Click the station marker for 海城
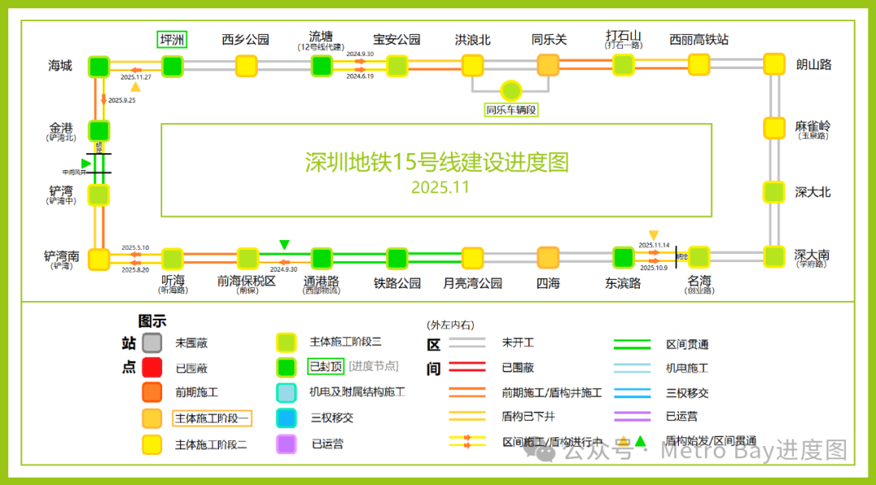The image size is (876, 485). click(x=99, y=66)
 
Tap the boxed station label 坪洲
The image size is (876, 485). click(x=172, y=39)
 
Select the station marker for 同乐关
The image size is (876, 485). click(x=549, y=65)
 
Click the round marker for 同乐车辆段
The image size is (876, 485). click(x=511, y=91)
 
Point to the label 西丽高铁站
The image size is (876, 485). click(x=698, y=39)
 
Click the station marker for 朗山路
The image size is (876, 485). click(x=775, y=64)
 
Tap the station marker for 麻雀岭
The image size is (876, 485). click(x=775, y=127)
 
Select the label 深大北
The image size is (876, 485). click(x=813, y=192)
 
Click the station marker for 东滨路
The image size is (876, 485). click(x=623, y=258)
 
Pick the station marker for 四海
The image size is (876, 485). click(x=548, y=258)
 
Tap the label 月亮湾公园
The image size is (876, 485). click(x=473, y=283)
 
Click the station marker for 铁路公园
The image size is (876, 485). click(x=397, y=258)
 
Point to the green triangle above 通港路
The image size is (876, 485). click(x=284, y=245)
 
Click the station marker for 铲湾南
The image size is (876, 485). click(x=99, y=259)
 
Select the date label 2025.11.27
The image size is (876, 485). click(x=136, y=76)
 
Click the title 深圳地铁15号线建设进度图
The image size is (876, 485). click(x=437, y=162)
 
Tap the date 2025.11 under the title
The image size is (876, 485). click(x=440, y=187)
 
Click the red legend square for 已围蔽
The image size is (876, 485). click(x=152, y=367)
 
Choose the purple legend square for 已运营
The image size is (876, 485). click(x=286, y=444)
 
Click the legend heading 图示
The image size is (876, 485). click(x=152, y=321)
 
